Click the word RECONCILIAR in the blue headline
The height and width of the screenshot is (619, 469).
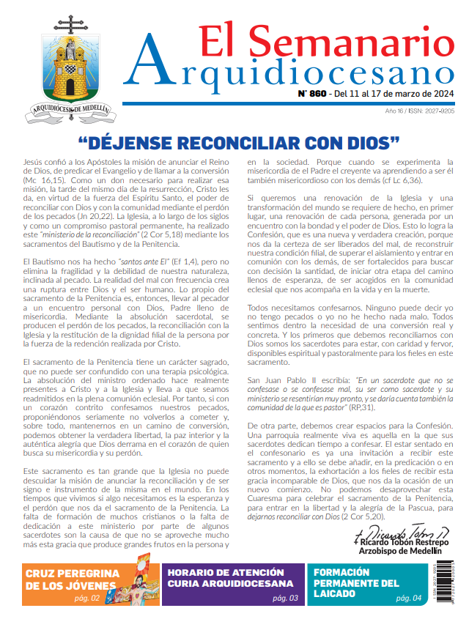245,141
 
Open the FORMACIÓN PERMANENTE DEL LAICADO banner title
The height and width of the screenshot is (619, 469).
358,584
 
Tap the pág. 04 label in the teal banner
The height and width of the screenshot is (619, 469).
407,598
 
